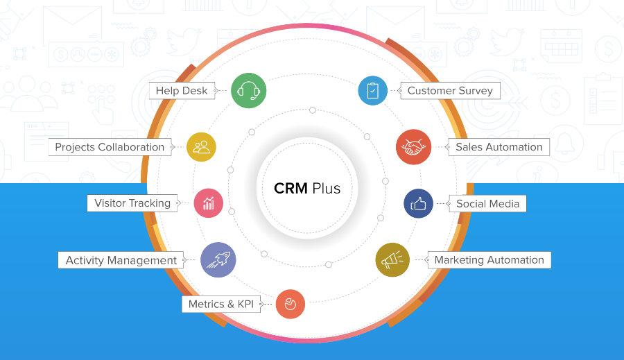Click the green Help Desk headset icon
pyautogui.click(x=248, y=90)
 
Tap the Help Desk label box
pyautogui.click(x=182, y=91)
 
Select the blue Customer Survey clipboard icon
pyautogui.click(x=373, y=90)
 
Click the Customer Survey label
pyautogui.click(x=450, y=91)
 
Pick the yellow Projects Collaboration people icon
pyautogui.click(x=201, y=146)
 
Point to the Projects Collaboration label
pyautogui.click(x=110, y=147)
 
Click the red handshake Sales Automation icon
pyautogui.click(x=413, y=147)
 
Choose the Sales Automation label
pyautogui.click(x=499, y=147)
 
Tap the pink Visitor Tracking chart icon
pyautogui.click(x=209, y=203)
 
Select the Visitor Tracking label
pyautogui.click(x=132, y=203)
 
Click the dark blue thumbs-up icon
pyautogui.click(x=419, y=204)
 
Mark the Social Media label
pyautogui.click(x=487, y=204)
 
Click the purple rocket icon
pyautogui.click(x=218, y=260)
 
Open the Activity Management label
pyautogui.click(x=121, y=260)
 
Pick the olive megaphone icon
pyautogui.click(x=392, y=260)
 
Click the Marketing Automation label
pyautogui.click(x=489, y=260)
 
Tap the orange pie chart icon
pyautogui.click(x=291, y=304)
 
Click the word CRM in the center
pyautogui.click(x=291, y=188)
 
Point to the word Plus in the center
pyautogui.click(x=326, y=188)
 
